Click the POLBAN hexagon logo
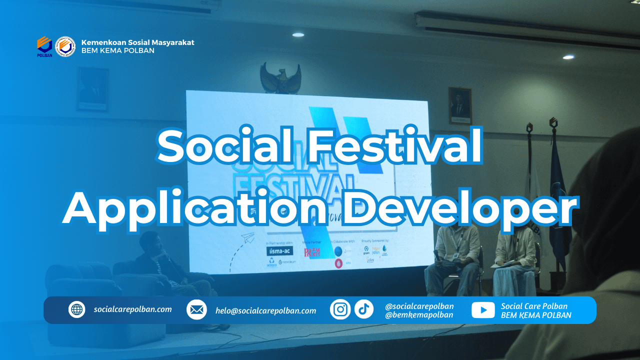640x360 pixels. [44, 45]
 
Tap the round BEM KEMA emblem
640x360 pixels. [65, 46]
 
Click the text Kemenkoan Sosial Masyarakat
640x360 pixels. [137, 42]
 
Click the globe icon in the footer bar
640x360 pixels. [77, 309]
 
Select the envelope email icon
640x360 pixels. [196, 310]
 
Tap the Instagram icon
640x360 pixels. [340, 309]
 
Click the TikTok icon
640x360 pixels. [364, 309]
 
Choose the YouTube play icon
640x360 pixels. [483, 310]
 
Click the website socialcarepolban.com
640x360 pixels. [132, 309]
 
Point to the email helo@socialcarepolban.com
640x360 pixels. [266, 310]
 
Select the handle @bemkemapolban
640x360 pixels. [419, 314]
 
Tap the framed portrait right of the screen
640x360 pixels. [459, 106]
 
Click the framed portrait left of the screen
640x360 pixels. [92, 89]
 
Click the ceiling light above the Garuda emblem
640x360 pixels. [298, 34]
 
